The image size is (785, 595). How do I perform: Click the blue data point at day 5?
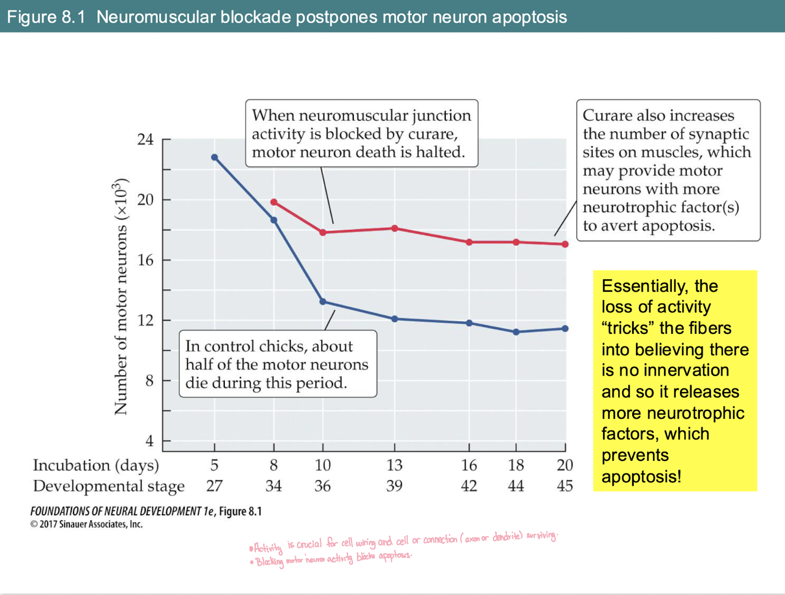[x=214, y=157]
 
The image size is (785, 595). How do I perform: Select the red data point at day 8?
[x=274, y=202]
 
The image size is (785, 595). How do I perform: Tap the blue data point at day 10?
[x=323, y=301]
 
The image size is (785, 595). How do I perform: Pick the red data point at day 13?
[x=395, y=228]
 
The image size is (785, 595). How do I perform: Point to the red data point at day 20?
[x=565, y=244]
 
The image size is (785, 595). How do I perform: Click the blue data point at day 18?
[x=516, y=332]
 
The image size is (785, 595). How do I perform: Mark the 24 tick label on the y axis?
[x=145, y=139]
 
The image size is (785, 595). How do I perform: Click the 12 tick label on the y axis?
[x=145, y=320]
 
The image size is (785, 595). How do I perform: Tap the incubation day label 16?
[x=469, y=465]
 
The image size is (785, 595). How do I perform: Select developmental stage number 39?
[x=394, y=486]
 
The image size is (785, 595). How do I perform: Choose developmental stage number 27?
[x=214, y=486]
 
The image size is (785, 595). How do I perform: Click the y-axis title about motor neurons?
[x=120, y=297]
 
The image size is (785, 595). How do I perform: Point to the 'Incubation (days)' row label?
[x=96, y=465]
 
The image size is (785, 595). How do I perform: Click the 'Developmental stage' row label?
[x=108, y=486]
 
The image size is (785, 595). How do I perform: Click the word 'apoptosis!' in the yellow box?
[x=641, y=476]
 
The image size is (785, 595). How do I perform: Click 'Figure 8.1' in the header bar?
[x=46, y=17]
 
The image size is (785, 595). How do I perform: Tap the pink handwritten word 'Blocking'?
[x=269, y=562]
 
